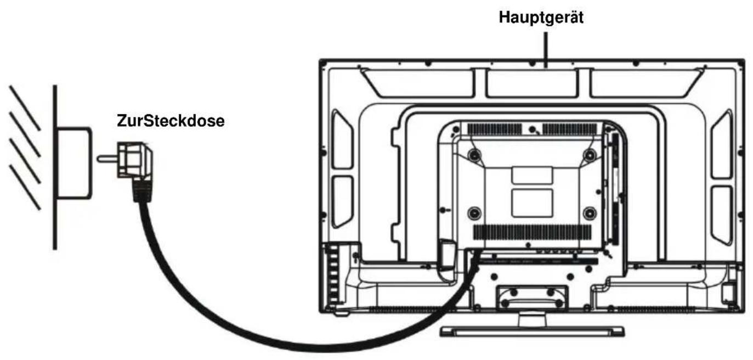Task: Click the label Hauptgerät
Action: (x=541, y=18)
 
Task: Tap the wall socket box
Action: (x=74, y=163)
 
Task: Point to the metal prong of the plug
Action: (x=107, y=159)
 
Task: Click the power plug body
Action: (x=134, y=160)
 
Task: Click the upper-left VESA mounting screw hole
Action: (x=474, y=155)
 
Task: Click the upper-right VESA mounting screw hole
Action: (x=590, y=155)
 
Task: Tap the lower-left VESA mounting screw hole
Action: (x=474, y=213)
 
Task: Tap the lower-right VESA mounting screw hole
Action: (x=590, y=213)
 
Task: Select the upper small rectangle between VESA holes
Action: (x=532, y=175)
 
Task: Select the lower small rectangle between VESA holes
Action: (x=532, y=203)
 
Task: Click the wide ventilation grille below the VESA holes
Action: (x=533, y=232)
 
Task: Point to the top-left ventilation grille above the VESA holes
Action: (x=495, y=130)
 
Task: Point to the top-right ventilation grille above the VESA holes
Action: (x=570, y=130)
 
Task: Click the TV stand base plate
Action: (x=532, y=331)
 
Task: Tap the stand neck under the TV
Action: (x=532, y=319)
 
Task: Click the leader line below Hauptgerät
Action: (x=546, y=50)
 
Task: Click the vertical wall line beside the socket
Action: (x=55, y=167)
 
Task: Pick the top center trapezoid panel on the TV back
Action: (x=533, y=83)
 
